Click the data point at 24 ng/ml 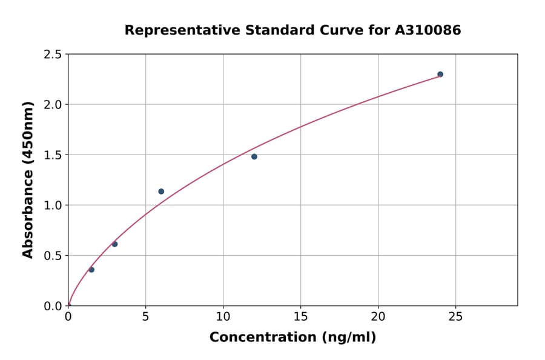(x=440, y=75)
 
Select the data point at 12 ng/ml (x=254, y=156)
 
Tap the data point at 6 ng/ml (x=161, y=192)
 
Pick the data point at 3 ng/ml (x=114, y=244)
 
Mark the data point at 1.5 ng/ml (x=91, y=270)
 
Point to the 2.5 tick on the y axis (x=53, y=55)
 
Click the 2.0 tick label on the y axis (x=53, y=105)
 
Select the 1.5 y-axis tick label (x=53, y=155)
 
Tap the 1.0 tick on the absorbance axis (x=53, y=205)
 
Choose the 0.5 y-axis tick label (x=53, y=256)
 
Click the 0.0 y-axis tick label (x=53, y=306)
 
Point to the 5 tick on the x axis (x=145, y=317)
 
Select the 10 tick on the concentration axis (x=223, y=317)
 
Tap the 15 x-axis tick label (x=300, y=317)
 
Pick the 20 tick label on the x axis (x=378, y=317)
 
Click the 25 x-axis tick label (x=455, y=317)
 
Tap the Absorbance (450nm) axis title (x=28, y=180)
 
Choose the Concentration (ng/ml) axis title (x=292, y=338)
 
